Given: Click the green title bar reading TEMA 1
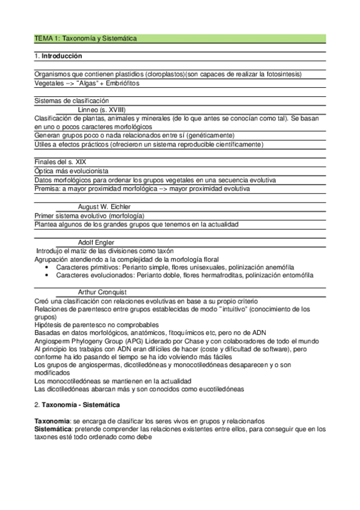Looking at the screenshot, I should coord(180,38).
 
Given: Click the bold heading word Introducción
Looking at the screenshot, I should coord(62,56).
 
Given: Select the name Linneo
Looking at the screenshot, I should coord(90,110).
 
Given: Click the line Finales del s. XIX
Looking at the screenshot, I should coord(60,162).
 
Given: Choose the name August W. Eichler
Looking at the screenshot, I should coord(105,206).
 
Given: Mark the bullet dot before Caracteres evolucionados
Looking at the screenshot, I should coord(47,275).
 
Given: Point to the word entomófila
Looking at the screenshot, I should coord(294,275).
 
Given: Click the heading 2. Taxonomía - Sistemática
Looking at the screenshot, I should coord(77,405).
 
